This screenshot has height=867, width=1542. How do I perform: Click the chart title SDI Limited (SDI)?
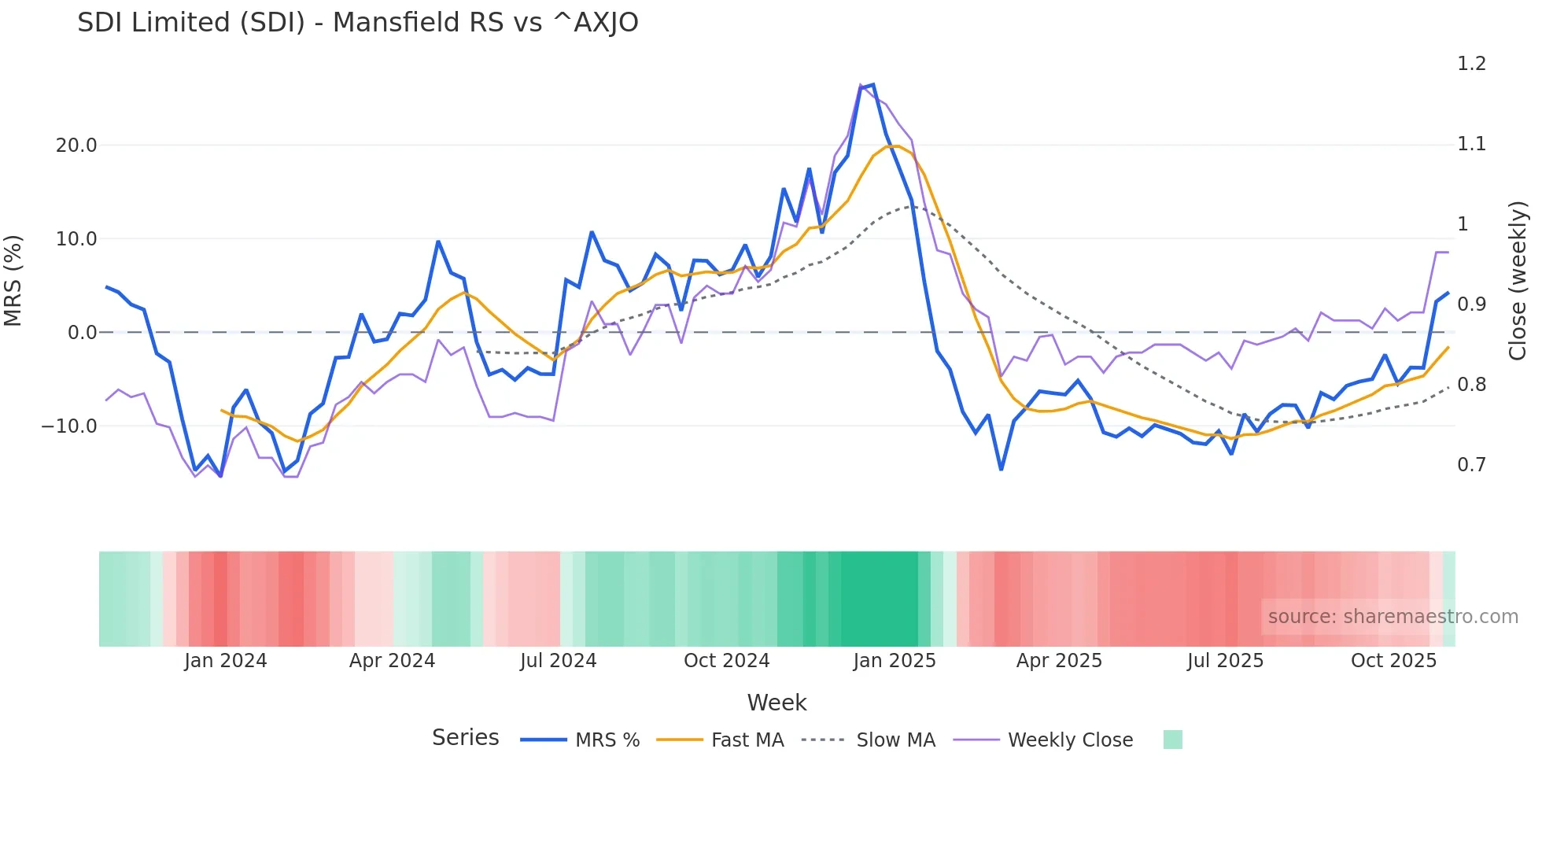click(x=357, y=23)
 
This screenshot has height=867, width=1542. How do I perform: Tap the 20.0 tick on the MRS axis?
click(x=76, y=146)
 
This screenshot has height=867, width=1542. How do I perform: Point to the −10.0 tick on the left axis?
click(x=69, y=426)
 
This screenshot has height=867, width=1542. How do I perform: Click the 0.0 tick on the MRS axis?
click(x=83, y=333)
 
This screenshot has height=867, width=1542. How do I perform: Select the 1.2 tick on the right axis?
click(x=1471, y=64)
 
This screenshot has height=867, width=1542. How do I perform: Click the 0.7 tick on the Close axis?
click(x=1471, y=465)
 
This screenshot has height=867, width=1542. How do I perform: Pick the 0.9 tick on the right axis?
click(x=1471, y=304)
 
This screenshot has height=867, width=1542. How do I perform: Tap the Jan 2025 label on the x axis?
click(x=895, y=661)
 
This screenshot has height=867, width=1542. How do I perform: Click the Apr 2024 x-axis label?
click(x=392, y=661)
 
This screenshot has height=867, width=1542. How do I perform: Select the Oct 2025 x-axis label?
click(x=1393, y=661)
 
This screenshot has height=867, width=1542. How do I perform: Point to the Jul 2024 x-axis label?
click(x=558, y=661)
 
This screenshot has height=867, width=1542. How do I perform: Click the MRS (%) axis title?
click(x=13, y=281)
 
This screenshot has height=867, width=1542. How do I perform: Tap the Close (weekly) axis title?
click(x=1518, y=281)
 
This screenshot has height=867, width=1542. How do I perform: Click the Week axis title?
click(x=777, y=703)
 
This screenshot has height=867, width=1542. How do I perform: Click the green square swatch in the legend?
click(x=1172, y=740)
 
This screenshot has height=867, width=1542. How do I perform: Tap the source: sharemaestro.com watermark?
click(x=1393, y=617)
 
